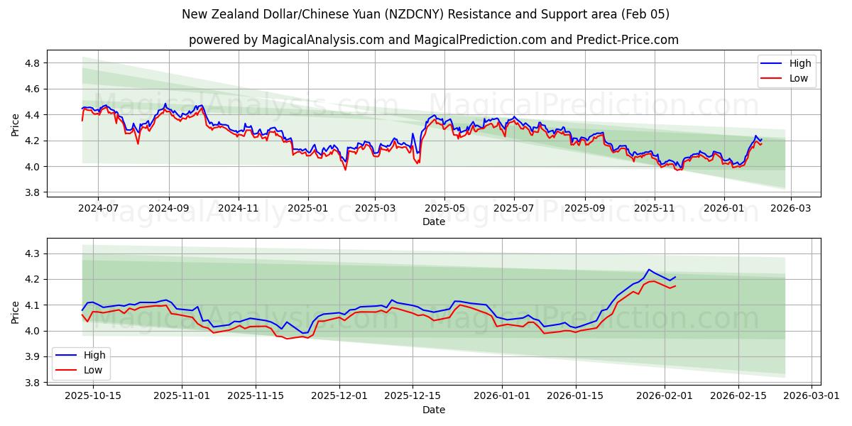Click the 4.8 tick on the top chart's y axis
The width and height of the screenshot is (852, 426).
tap(31, 63)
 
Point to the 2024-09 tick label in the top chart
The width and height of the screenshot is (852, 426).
tap(169, 208)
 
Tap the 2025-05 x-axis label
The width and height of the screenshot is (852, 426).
tap(444, 208)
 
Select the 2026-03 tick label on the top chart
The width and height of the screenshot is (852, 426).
tap(791, 208)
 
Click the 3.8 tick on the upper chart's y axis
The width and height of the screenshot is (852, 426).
tap(31, 192)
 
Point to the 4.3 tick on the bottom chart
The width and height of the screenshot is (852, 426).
tap(31, 253)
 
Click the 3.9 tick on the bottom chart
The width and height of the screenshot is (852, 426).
tap(31, 357)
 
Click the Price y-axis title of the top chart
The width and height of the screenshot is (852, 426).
tap(16, 124)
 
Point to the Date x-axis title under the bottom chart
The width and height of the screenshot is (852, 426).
tap(434, 410)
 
